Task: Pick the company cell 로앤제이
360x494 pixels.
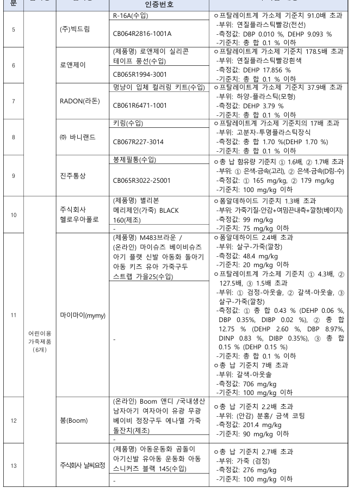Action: click(76, 65)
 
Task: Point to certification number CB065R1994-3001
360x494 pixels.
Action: click(140, 74)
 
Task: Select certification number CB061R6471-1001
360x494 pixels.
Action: click(140, 106)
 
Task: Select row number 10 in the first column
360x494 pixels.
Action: click(12, 215)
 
